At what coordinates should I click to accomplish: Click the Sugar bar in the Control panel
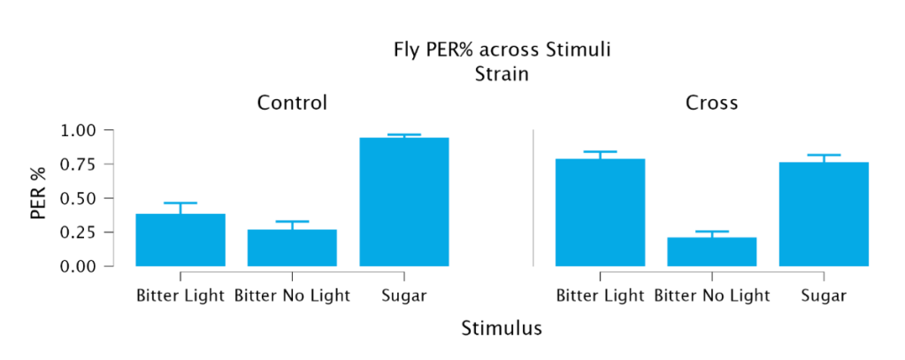click(404, 202)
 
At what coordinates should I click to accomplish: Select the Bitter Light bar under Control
click(180, 240)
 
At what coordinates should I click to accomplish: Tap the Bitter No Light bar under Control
click(292, 248)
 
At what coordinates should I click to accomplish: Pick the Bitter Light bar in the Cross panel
click(600, 212)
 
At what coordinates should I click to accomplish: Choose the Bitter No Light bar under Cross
click(711, 251)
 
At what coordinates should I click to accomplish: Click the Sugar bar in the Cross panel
click(824, 214)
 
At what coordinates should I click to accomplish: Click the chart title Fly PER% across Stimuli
click(502, 50)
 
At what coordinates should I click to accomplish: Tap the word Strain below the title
click(502, 75)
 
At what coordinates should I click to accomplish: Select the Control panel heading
click(292, 103)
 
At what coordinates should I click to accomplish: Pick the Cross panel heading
click(711, 103)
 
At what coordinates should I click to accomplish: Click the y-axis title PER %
click(38, 198)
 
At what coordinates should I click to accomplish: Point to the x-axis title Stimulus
click(502, 328)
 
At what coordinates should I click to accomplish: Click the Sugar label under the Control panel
click(404, 296)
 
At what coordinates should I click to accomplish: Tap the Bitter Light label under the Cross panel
click(600, 296)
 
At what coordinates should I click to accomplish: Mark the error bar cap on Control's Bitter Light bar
click(180, 203)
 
